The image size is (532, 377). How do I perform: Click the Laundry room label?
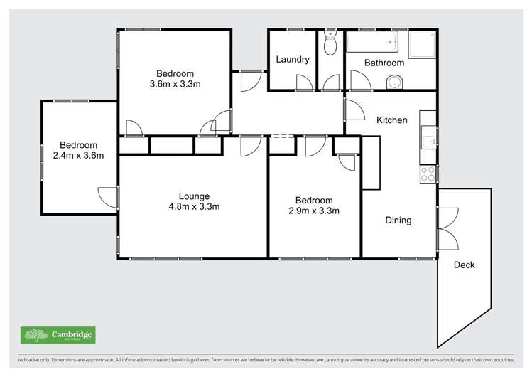293,60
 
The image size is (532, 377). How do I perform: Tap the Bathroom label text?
384,63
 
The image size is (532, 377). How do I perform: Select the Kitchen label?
392,120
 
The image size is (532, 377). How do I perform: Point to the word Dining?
398,221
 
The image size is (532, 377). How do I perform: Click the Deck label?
464,265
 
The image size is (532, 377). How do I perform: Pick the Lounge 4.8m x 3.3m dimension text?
194,207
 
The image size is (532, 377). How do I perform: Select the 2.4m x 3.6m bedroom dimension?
78,156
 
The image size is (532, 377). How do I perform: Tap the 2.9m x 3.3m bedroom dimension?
314,211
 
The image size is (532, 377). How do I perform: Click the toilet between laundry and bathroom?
330,44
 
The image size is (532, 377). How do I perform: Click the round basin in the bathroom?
394,83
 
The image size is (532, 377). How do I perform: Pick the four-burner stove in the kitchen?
428,174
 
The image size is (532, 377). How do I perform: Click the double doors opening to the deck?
447,228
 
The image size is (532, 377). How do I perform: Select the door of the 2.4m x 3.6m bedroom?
108,197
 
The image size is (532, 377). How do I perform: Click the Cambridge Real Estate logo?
58,335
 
